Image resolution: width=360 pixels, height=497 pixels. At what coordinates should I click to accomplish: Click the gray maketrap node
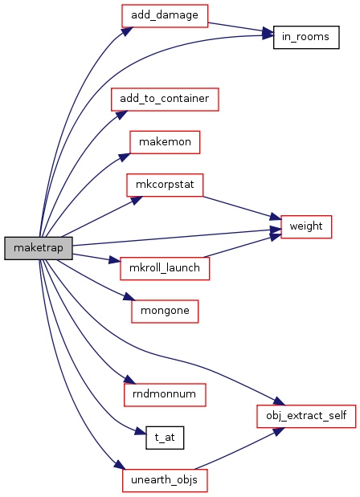coord(39,248)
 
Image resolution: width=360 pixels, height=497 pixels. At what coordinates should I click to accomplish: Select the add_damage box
coord(165,16)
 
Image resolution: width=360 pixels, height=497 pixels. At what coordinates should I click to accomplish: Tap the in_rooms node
coord(306,38)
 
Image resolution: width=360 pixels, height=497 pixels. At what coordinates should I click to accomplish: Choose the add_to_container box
coord(165,100)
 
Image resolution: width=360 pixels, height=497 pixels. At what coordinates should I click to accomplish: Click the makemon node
coord(165,142)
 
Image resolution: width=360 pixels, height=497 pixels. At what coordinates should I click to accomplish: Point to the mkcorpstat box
coord(165,185)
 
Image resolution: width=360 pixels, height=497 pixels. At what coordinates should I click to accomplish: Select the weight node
coord(306,227)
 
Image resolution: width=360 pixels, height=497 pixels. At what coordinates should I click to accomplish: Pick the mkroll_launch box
coord(165,269)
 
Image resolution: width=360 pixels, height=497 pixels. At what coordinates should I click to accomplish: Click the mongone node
coord(165,312)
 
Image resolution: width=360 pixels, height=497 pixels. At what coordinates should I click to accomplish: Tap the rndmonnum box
coord(165,395)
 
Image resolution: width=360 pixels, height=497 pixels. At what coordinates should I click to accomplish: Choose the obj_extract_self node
coord(306,416)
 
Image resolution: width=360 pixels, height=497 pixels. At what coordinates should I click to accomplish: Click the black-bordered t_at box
coord(165,438)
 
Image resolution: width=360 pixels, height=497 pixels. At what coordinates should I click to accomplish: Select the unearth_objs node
coord(165,480)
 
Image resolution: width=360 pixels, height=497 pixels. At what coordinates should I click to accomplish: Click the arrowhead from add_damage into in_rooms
coord(268,33)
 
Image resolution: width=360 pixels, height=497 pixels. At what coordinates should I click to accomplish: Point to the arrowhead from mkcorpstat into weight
coord(276,217)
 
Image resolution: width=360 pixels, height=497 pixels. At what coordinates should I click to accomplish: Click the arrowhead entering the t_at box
coord(140,432)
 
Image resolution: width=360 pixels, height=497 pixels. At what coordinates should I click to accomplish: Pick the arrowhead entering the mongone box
coord(129,297)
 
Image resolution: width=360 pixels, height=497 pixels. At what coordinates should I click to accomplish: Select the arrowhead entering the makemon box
coord(125,157)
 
